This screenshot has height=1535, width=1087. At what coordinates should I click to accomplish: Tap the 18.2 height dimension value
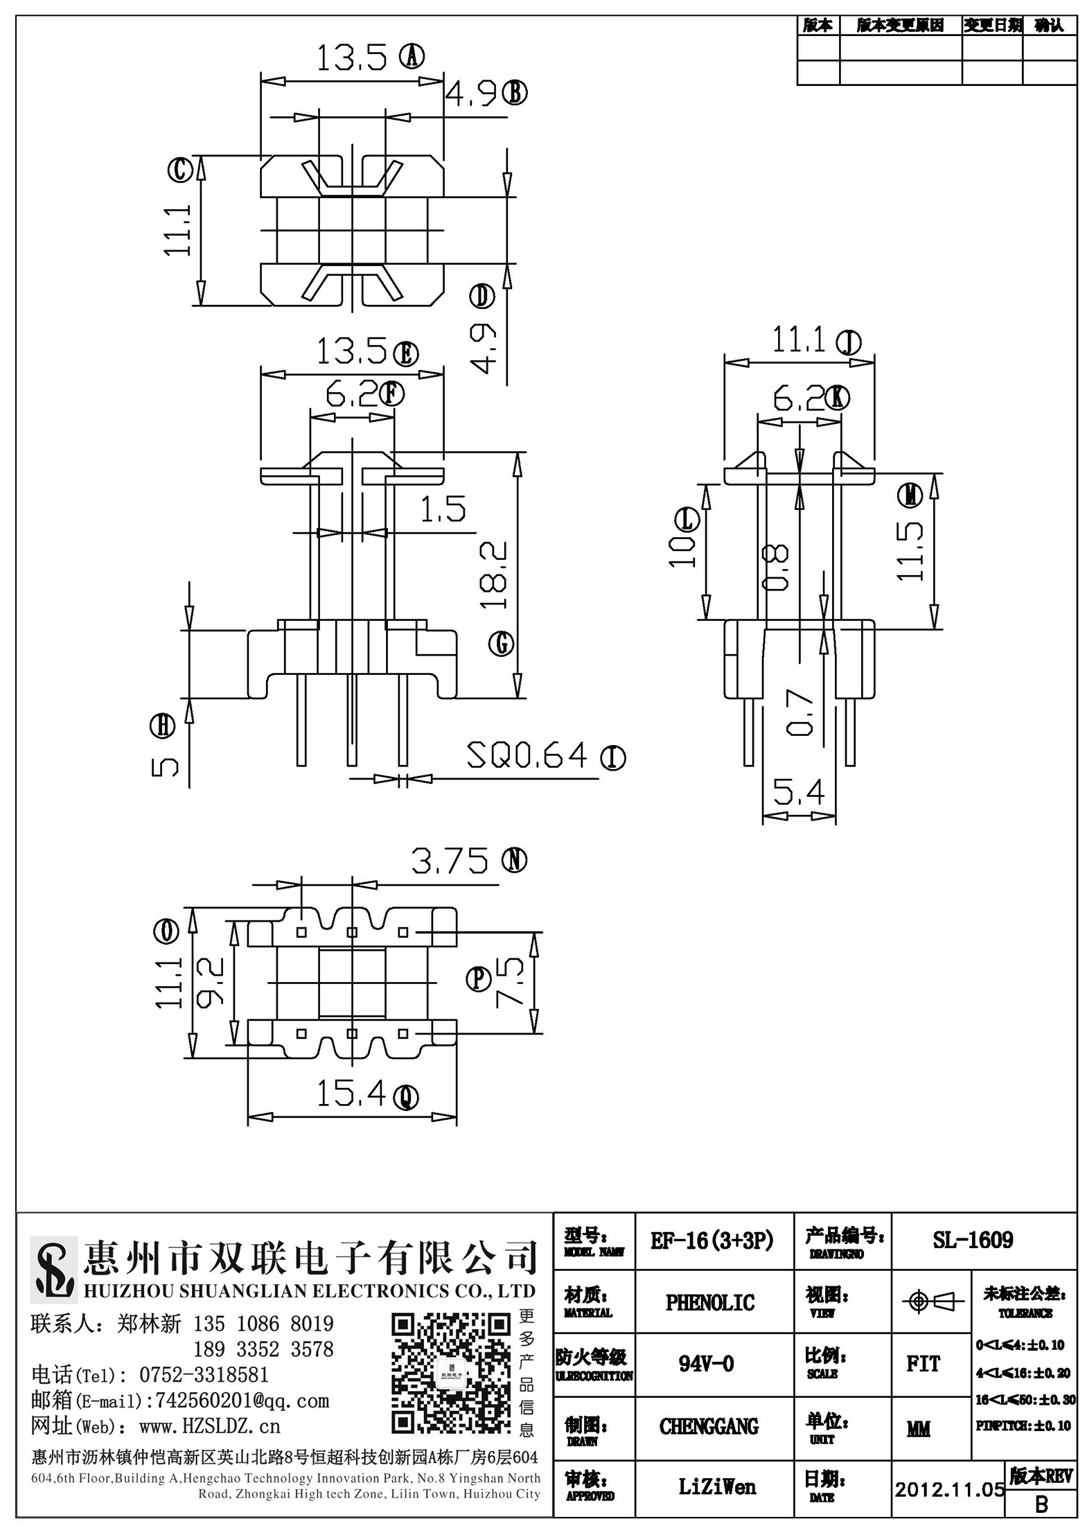495,575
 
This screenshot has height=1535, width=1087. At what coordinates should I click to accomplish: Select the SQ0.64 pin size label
527,755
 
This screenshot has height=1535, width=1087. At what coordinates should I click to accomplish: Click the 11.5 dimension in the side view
910,552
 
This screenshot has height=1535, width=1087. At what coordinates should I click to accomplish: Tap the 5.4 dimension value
799,791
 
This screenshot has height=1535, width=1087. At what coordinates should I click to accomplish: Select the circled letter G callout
501,644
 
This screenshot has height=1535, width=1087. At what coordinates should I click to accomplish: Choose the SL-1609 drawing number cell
973,1240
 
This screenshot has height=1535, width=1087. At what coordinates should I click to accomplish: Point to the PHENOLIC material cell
710,1303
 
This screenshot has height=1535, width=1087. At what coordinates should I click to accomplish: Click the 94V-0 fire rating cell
706,1364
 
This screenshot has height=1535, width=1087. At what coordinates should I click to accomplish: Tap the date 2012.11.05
949,1489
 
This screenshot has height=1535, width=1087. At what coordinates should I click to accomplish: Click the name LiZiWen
717,1486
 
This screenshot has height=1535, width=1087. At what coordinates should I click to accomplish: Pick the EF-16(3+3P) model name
712,1240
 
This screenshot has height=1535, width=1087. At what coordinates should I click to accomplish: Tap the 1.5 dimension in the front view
443,510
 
